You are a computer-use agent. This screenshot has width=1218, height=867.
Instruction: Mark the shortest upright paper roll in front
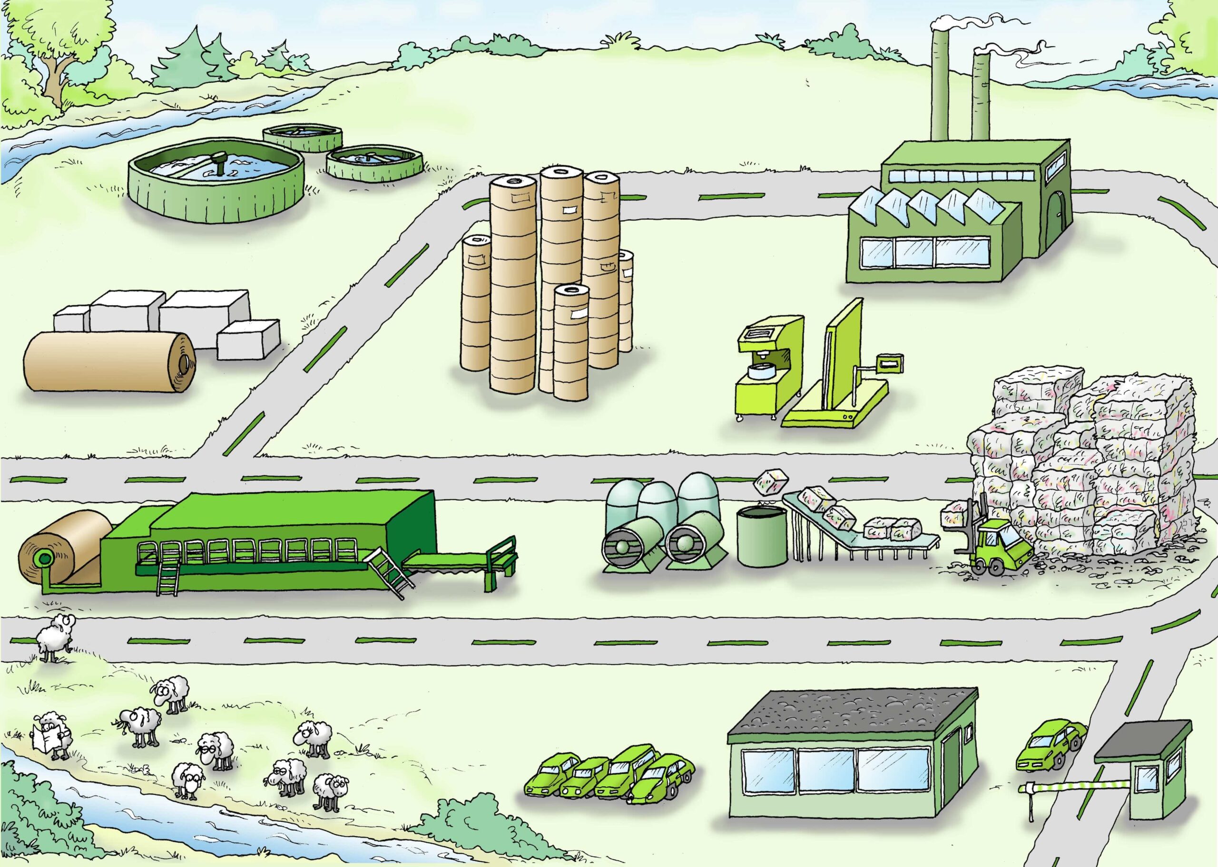pos(571,342)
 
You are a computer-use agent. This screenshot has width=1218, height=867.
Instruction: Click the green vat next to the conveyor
pos(762,537)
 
